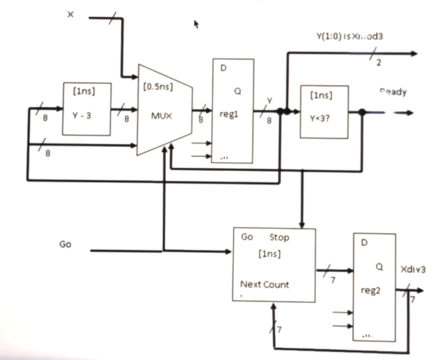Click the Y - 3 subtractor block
[x=86, y=109]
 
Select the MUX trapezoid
[x=165, y=110]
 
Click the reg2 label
[x=370, y=291]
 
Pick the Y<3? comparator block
[x=324, y=112]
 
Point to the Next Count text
[x=265, y=284]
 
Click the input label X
[x=70, y=15]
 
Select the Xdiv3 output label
[x=413, y=269]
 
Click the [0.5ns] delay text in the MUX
[x=158, y=87]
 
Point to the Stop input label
[x=279, y=237]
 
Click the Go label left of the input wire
[x=65, y=244]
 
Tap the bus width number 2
[x=378, y=63]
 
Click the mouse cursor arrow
[x=196, y=24]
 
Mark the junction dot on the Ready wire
[x=362, y=112]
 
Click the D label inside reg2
[x=364, y=243]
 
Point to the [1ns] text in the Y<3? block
[x=321, y=95]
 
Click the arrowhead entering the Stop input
[x=303, y=225]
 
